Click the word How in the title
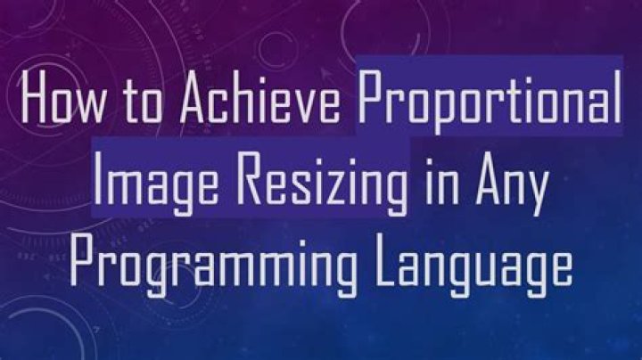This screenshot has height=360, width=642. pos(62,97)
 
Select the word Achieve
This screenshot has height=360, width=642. pos(260,97)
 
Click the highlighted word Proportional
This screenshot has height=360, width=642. pos(490,102)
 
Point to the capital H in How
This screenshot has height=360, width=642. pos(35,97)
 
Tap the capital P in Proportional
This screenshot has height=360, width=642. pos(372,97)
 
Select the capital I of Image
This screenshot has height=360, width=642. pos(96,179)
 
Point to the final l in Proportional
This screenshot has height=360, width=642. pos(617,97)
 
